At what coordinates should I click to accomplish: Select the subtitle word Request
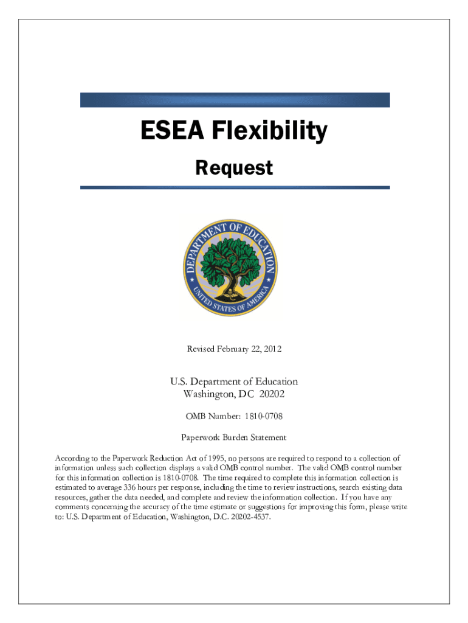tap(234, 168)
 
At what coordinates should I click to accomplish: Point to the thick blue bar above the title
tap(235, 100)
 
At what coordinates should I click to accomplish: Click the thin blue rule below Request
tap(235, 187)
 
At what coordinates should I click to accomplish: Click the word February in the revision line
tap(235, 349)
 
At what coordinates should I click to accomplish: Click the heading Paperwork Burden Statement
tap(234, 437)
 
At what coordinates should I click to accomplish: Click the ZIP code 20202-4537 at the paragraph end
tap(247, 517)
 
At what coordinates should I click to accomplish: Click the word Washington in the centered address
tap(208, 394)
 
